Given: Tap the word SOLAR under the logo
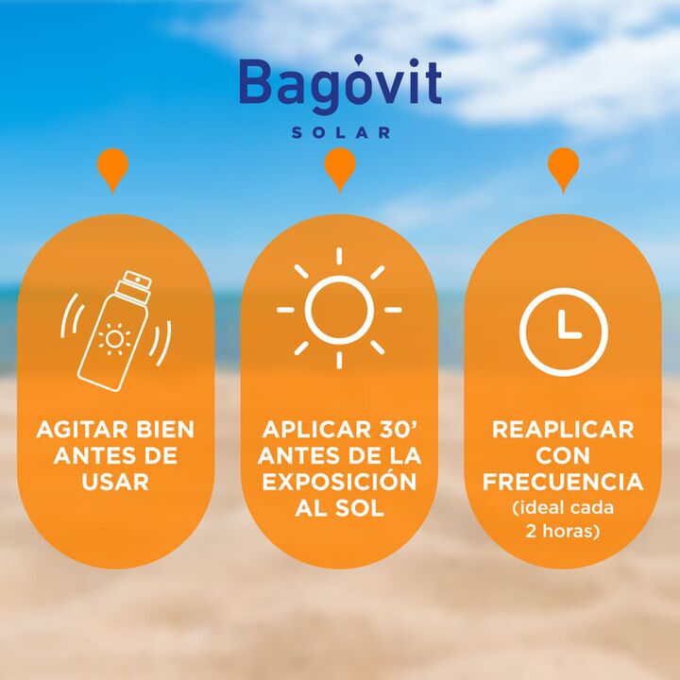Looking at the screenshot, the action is tap(341, 133).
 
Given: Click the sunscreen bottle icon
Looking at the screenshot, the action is tap(116, 331).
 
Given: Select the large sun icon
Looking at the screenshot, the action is tap(339, 309).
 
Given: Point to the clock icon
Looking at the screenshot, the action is tap(563, 331).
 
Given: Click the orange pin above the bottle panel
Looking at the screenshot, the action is tap(112, 170).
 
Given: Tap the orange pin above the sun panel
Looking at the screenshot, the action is tap(340, 170).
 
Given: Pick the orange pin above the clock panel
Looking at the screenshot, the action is tap(563, 170).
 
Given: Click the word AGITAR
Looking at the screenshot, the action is tap(82, 430).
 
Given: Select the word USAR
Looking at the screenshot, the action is tap(115, 482).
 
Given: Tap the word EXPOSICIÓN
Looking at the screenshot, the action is tap(339, 481).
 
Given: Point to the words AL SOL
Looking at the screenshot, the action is tap(340, 508).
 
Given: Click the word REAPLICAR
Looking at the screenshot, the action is tap(563, 430).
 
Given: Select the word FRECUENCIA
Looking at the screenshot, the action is tap(563, 482).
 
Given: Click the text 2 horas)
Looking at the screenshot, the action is tap(563, 531).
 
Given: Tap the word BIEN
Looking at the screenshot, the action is tap(165, 430).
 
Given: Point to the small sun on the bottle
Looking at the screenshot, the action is tap(114, 339).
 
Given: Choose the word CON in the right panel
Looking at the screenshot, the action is tap(563, 456).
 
